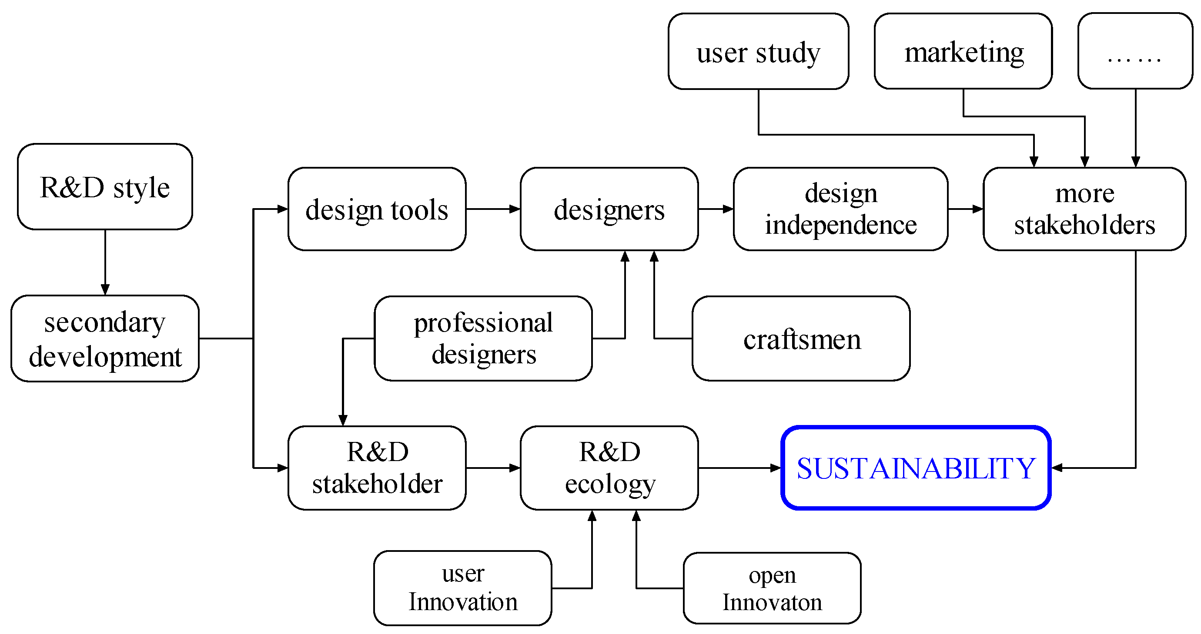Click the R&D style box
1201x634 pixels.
click(x=105, y=187)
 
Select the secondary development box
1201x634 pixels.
click(x=105, y=339)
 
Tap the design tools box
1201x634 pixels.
click(x=377, y=209)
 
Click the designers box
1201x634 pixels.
click(x=609, y=209)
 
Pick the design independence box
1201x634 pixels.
click(x=840, y=209)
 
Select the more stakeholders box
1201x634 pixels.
click(x=1084, y=209)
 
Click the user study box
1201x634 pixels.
click(x=758, y=51)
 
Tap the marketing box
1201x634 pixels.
click(x=963, y=51)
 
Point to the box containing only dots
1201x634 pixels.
click(x=1135, y=51)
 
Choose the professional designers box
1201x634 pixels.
click(x=483, y=339)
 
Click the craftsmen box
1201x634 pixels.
click(x=801, y=339)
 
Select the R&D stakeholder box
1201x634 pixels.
click(x=377, y=468)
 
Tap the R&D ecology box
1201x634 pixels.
click(x=609, y=468)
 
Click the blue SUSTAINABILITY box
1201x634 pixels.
click(x=916, y=468)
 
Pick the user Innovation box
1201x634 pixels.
click(x=462, y=588)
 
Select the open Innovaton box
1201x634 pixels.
click(x=772, y=588)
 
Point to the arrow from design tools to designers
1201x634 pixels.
click(x=493, y=209)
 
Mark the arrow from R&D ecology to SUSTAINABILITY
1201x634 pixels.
click(x=739, y=468)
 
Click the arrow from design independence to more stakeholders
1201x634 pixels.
click(x=965, y=209)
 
